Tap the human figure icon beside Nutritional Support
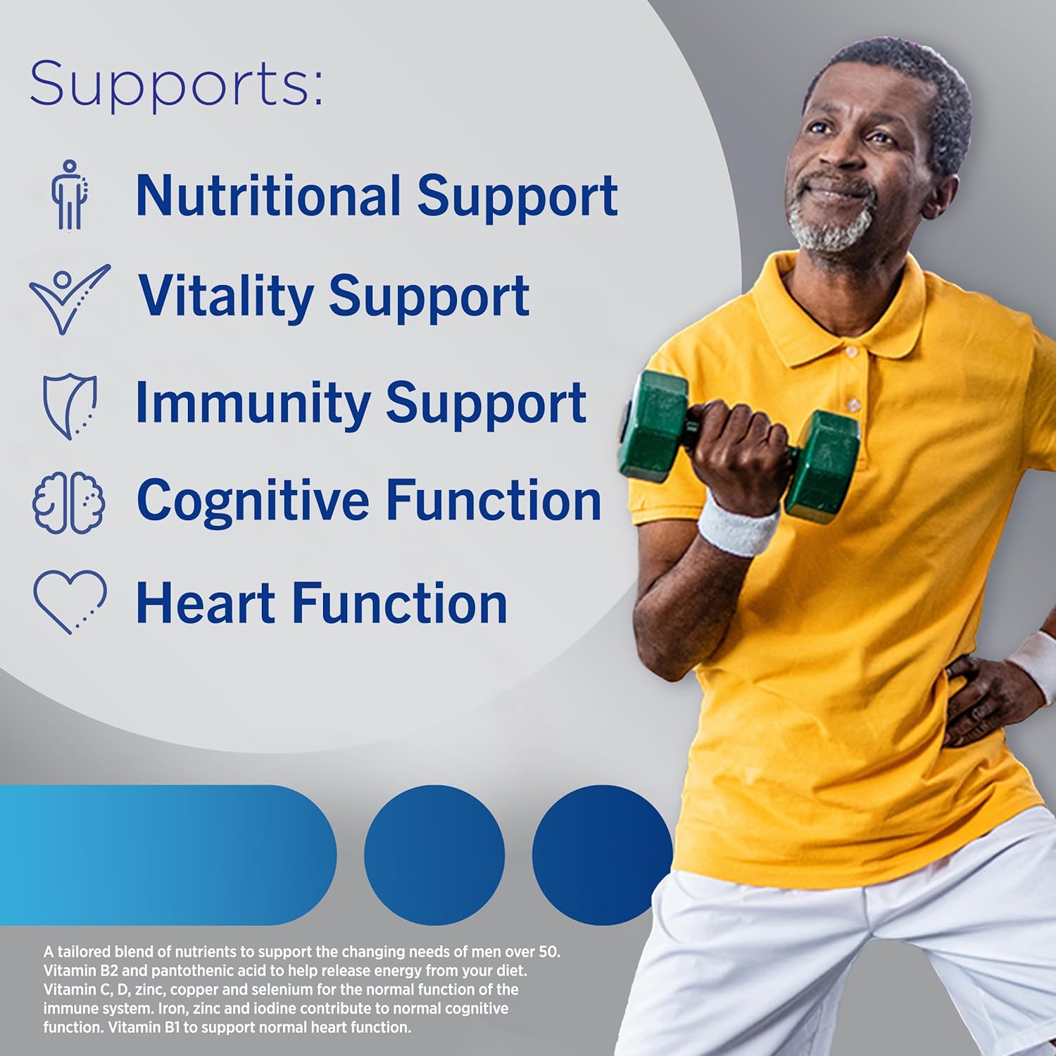pos(69,194)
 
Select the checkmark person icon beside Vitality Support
pos(69,298)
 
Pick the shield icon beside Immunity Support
pos(70,407)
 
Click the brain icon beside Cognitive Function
pos(69,502)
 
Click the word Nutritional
pos(268,195)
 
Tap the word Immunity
pos(252,403)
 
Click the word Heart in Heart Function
pos(205,603)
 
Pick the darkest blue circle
pos(603,855)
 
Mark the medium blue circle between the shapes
pos(434,855)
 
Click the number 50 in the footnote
pos(548,952)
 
